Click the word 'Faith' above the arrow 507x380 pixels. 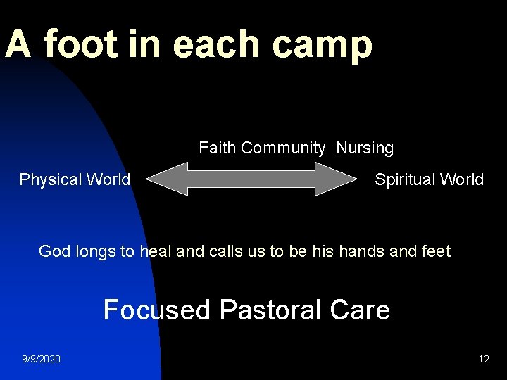coord(218,148)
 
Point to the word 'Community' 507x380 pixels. coord(283,148)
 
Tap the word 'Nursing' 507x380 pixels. coord(365,148)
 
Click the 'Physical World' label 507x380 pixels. coord(75,179)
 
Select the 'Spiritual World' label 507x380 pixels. coord(429,179)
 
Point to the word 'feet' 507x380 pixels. coord(435,251)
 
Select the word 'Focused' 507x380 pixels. coord(156,310)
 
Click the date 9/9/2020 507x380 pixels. coord(41,359)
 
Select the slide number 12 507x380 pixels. coord(483,359)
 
